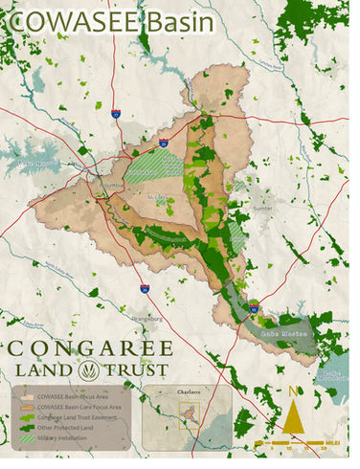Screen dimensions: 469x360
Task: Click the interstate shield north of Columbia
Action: click(x=115, y=114)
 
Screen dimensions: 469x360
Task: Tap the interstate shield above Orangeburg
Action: click(x=144, y=287)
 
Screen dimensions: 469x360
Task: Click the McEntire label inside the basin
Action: click(x=161, y=198)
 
